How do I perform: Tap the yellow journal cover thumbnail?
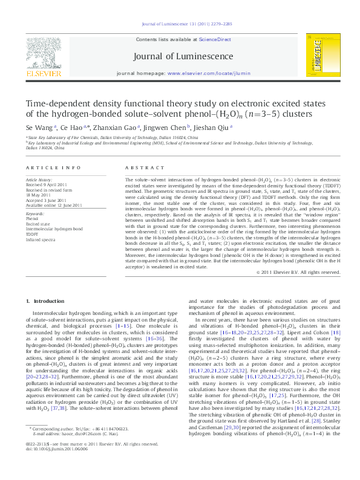click(321, 56)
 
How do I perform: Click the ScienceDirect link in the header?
click(215, 39)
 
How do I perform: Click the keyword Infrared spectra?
click(40, 239)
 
